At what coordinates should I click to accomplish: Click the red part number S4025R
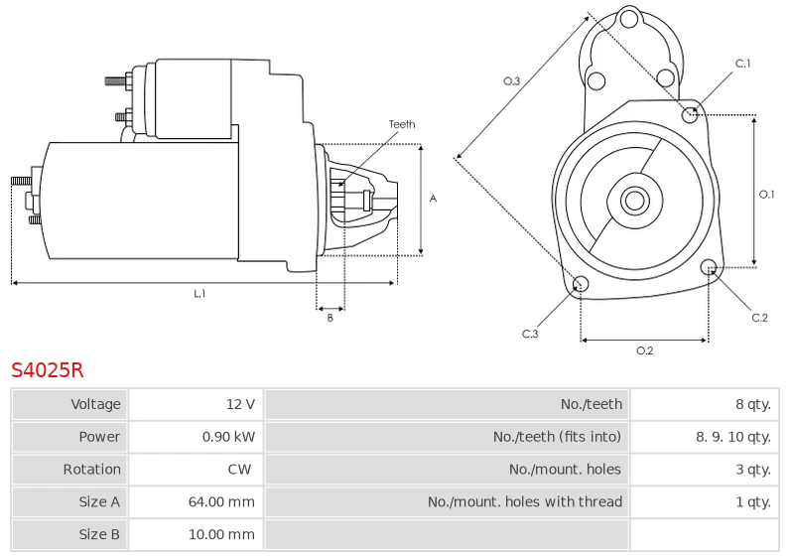[47, 370]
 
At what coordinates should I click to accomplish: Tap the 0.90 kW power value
[228, 437]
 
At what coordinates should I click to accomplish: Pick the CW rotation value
[239, 470]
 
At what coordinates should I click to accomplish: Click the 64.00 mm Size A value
[221, 501]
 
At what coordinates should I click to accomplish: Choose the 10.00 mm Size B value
[221, 534]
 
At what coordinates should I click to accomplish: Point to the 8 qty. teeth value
[753, 404]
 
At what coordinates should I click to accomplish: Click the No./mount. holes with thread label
[525, 501]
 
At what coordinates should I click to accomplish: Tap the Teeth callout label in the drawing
[402, 124]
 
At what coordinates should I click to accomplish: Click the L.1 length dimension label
[199, 293]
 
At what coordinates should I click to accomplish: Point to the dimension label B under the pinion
[330, 318]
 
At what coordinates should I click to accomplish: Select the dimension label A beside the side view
[433, 199]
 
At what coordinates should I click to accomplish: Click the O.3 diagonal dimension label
[511, 81]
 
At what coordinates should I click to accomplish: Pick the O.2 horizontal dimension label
[644, 350]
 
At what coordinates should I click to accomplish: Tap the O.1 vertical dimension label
[766, 194]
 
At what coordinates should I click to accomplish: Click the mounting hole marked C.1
[690, 115]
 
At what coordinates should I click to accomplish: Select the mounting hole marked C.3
[581, 284]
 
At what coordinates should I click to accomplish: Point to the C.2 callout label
[759, 318]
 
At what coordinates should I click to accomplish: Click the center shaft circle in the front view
[634, 201]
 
